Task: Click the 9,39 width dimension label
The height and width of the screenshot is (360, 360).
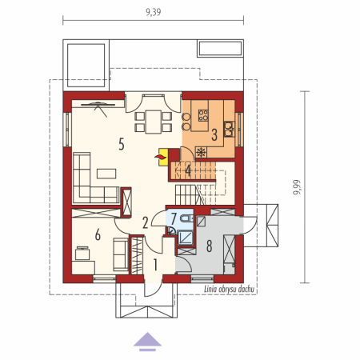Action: [x=154, y=12]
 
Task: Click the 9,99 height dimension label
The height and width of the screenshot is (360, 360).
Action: [x=297, y=187]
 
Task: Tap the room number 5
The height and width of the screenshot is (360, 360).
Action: [x=122, y=144]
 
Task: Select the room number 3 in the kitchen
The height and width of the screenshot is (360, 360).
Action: [x=214, y=134]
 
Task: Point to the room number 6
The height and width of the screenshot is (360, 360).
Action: [x=98, y=235]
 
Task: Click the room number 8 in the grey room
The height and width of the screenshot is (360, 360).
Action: [x=210, y=246]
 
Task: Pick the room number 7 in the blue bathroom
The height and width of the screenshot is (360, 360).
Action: [x=174, y=218]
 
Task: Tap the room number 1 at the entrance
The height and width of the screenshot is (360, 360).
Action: [x=155, y=265]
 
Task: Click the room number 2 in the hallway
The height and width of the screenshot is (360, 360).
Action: [x=146, y=223]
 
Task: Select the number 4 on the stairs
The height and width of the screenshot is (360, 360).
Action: [x=188, y=170]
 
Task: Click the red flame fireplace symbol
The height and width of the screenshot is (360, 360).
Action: [x=160, y=157]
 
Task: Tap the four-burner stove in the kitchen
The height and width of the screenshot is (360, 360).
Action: [x=203, y=115]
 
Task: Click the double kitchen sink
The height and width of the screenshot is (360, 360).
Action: [x=229, y=129]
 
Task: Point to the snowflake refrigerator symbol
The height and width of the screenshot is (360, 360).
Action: [x=202, y=152]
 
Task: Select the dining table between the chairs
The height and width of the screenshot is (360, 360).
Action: [x=154, y=122]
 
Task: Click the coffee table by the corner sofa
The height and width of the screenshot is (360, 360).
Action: [x=106, y=174]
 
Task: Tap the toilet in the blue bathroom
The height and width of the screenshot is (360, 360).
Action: [x=186, y=218]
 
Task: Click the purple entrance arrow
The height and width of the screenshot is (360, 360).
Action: [x=147, y=342]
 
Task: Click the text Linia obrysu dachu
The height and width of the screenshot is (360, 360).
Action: [x=229, y=289]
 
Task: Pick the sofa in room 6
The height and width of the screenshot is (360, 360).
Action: [x=121, y=254]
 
